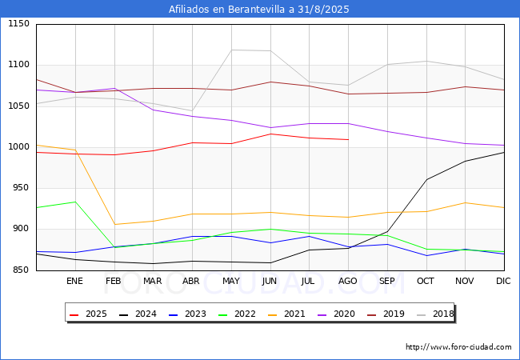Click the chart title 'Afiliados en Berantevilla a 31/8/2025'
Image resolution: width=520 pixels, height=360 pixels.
coord(259,10)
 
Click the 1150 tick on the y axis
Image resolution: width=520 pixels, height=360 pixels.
coord(18,24)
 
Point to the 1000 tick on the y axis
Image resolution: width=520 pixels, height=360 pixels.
coord(18,147)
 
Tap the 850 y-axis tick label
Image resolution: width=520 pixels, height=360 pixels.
coord(21,270)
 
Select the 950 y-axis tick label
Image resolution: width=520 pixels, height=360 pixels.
coord(21,188)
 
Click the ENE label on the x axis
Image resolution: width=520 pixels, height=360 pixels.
coord(74,282)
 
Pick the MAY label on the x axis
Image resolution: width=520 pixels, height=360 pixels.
coord(230,282)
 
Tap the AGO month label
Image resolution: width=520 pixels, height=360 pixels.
coord(348,282)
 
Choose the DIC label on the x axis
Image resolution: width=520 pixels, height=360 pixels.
coord(503,282)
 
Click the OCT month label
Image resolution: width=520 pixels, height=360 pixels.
coord(426,282)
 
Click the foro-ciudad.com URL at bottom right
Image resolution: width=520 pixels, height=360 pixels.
coord(458,347)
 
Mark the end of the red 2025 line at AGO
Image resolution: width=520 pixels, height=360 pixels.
coord(348,140)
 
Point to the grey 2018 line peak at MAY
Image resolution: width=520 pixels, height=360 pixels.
coord(230,50)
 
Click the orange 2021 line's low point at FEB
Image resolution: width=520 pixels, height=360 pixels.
coord(114,225)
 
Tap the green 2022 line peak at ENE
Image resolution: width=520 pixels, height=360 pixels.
coord(74,202)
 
